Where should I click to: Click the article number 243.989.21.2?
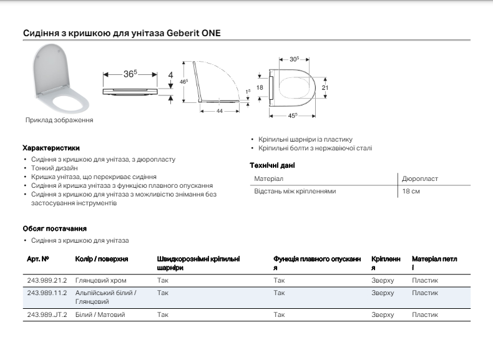click(47, 281)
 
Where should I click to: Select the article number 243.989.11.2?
click(47, 292)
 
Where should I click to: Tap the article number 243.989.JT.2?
click(47, 315)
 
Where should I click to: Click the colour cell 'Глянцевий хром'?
click(100, 281)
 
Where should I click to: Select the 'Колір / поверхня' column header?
click(102, 258)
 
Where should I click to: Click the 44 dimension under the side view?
click(220, 110)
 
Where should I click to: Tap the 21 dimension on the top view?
click(325, 88)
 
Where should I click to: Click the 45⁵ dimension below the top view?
click(293, 116)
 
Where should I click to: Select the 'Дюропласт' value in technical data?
click(420, 179)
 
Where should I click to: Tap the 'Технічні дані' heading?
click(272, 165)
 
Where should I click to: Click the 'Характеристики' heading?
click(51, 148)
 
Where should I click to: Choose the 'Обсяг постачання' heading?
click(54, 228)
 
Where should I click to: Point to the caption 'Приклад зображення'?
click(59, 120)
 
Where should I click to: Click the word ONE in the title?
click(211, 33)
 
